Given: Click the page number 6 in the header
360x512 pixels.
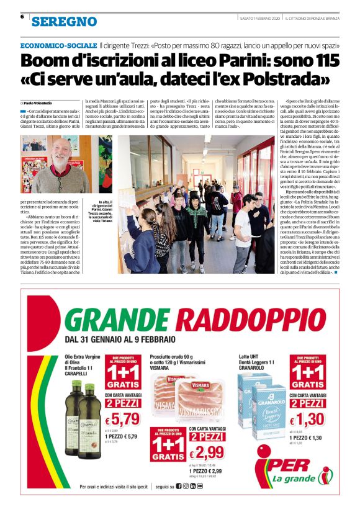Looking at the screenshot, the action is pos(22,17).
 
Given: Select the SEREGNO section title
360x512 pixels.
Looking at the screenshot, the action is pos(65,22).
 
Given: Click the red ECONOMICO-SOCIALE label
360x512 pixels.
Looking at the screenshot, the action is pos(58,46).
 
